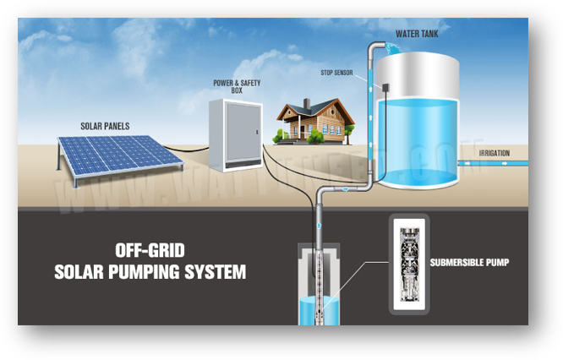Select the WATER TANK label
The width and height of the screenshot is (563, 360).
[x=416, y=35]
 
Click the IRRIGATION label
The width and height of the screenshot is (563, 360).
[x=494, y=153]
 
